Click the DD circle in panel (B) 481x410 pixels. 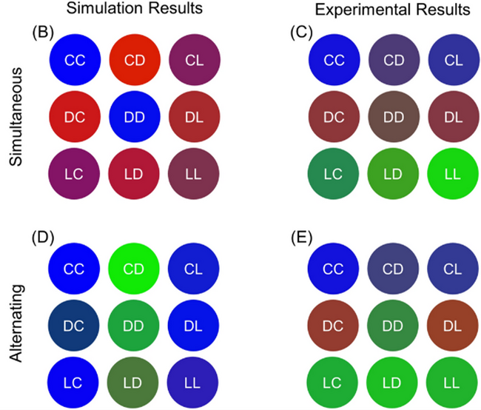pyautogui.click(x=135, y=116)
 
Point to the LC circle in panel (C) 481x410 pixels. pyautogui.click(x=334, y=175)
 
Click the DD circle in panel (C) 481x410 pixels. pyautogui.click(x=394, y=116)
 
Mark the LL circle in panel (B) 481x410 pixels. pyautogui.click(x=194, y=175)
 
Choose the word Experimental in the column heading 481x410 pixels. pyautogui.click(x=358, y=10)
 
